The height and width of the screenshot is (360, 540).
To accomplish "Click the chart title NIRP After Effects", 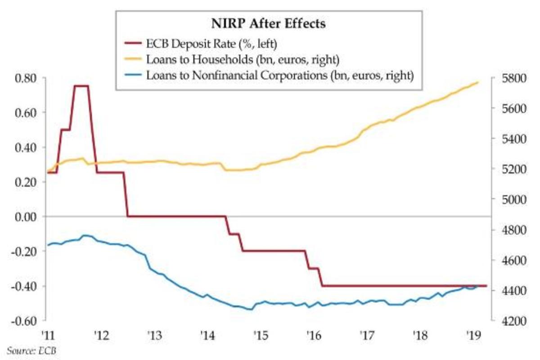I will pos(268,24).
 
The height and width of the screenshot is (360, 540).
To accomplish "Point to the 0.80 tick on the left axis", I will pos(26,77).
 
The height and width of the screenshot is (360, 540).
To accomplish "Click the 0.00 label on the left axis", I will pos(26,216).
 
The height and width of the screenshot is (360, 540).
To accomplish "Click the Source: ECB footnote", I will pos(32,350).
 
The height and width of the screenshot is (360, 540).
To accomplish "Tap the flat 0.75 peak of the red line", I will pos(81,85).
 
